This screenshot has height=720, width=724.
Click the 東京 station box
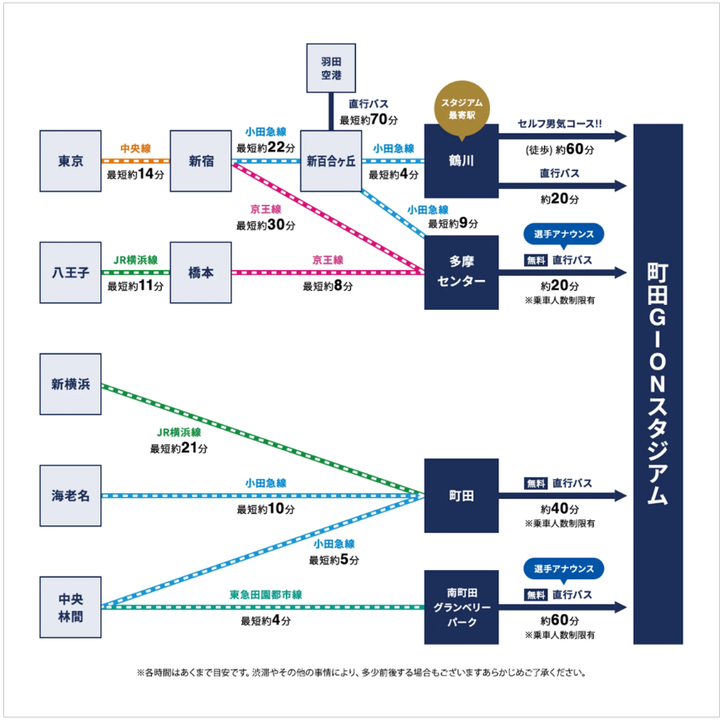(x=70, y=161)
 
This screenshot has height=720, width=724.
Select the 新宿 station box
(x=201, y=161)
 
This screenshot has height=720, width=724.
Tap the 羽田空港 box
(x=331, y=68)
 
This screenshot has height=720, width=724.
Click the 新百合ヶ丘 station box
(x=330, y=161)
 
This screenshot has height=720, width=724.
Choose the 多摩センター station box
(x=461, y=273)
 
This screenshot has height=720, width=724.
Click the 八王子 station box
(x=70, y=272)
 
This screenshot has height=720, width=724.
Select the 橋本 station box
(x=201, y=272)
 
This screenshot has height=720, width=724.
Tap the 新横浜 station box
(x=70, y=384)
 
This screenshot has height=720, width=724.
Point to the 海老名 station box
(x=70, y=495)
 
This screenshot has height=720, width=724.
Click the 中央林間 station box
(x=70, y=607)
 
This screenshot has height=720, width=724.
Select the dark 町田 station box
(x=461, y=495)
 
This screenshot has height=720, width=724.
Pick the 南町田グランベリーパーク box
(x=461, y=607)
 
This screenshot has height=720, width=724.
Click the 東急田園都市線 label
(x=265, y=595)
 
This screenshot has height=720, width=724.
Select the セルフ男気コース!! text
(x=560, y=125)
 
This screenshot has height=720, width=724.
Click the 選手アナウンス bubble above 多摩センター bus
(x=563, y=234)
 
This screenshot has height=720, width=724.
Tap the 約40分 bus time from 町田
(x=560, y=509)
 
